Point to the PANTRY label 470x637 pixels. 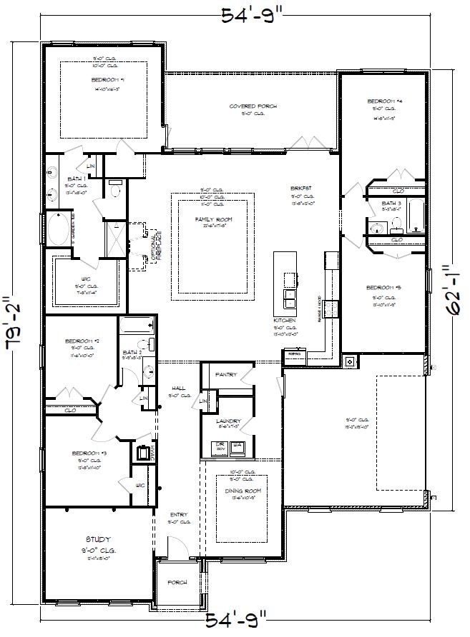[227, 373]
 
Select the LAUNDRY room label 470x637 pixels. [229, 421]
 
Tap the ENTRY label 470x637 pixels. [178, 515]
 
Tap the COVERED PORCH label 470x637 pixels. [253, 106]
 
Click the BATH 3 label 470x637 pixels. [391, 204]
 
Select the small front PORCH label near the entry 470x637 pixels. [177, 583]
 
